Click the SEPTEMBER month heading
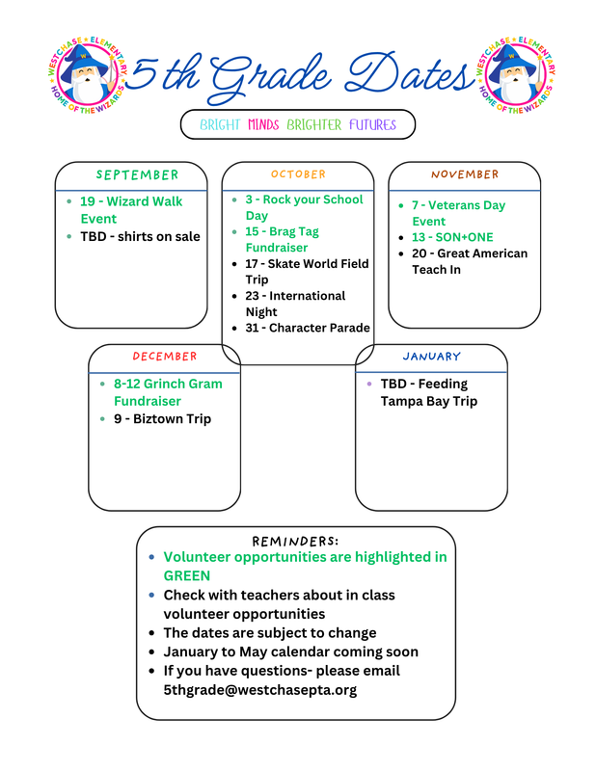tap(137, 175)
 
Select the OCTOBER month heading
tap(298, 174)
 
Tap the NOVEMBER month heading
tap(465, 174)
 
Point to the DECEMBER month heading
tap(164, 357)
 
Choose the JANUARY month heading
tap(431, 357)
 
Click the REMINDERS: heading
tap(295, 541)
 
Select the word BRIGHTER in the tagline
tap(313, 125)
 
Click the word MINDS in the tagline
tap(263, 125)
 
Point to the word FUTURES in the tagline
tap(372, 125)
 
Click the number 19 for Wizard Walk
tap(88, 201)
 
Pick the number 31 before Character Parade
tap(253, 328)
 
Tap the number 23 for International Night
tap(253, 296)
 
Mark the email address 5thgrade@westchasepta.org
tap(259, 690)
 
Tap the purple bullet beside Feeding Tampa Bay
tap(369, 384)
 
